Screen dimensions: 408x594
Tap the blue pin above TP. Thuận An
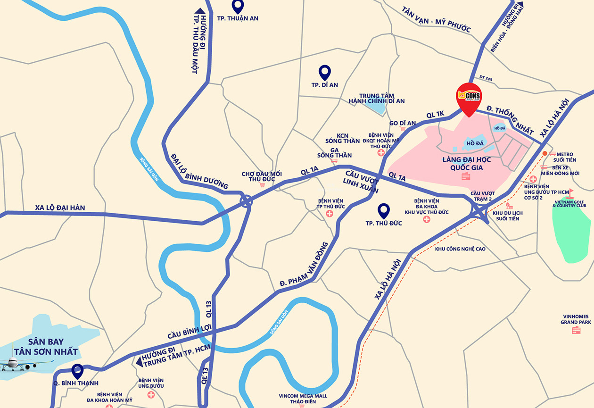click(x=238, y=6)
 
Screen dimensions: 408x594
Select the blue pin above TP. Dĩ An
click(x=324, y=72)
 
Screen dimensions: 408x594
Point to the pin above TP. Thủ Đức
click(x=384, y=210)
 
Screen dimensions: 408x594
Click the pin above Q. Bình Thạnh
click(x=77, y=371)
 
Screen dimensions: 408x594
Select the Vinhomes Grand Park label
click(x=576, y=319)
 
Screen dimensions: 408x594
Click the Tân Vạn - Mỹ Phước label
click(x=436, y=19)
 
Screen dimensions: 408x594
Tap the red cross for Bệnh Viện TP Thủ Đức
click(x=330, y=214)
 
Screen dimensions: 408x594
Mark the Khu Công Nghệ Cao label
click(x=460, y=249)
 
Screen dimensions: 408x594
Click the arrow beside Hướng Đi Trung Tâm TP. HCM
click(x=139, y=362)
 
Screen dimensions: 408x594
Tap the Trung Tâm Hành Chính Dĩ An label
click(x=376, y=98)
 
